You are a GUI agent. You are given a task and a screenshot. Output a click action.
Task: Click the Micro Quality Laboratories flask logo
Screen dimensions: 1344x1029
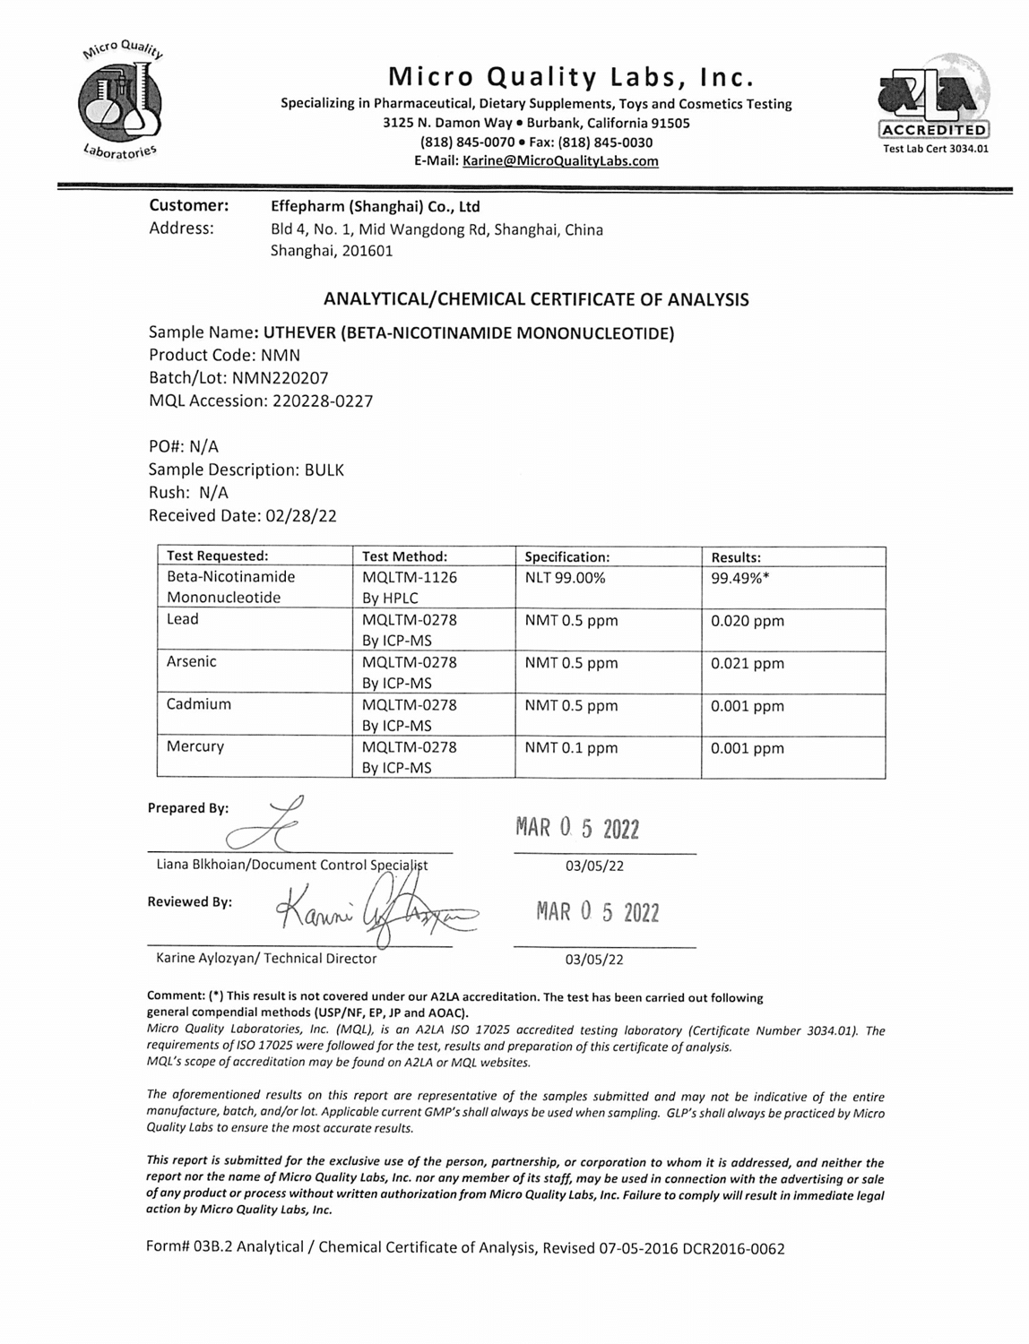pyautogui.click(x=121, y=100)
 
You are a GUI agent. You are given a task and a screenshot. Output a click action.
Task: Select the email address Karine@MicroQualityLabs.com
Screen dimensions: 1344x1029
pyautogui.click(x=560, y=161)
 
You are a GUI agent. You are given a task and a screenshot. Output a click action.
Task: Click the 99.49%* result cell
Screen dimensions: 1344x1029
pyautogui.click(x=740, y=578)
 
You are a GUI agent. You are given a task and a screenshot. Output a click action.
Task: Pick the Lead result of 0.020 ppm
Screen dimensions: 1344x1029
pyautogui.click(x=748, y=621)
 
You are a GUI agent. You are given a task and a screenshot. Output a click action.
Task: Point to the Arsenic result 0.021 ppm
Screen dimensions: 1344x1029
pyautogui.click(x=748, y=664)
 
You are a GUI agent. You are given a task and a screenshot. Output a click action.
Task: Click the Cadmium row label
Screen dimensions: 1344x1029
pyautogui.click(x=199, y=704)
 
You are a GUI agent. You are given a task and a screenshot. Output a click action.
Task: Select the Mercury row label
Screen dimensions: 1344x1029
pyautogui.click(x=195, y=746)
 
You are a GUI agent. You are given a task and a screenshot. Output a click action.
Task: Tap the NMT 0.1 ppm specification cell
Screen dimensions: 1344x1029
pyautogui.click(x=571, y=748)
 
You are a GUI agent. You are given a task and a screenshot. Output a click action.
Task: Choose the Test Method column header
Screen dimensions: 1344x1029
pyautogui.click(x=404, y=556)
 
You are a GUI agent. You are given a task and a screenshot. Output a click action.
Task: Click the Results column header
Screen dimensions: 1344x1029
pyautogui.click(x=736, y=557)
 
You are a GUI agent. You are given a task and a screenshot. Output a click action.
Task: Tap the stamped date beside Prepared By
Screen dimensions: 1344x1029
pyautogui.click(x=577, y=829)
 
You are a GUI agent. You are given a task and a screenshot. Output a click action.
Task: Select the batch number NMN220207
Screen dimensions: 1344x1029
pyautogui.click(x=280, y=378)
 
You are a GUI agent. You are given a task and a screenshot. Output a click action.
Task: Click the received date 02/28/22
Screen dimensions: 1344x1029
pyautogui.click(x=301, y=516)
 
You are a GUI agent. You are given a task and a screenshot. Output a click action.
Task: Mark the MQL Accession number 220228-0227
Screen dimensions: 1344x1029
pyautogui.click(x=320, y=401)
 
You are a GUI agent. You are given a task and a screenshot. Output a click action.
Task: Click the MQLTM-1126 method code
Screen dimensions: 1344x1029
pyautogui.click(x=410, y=578)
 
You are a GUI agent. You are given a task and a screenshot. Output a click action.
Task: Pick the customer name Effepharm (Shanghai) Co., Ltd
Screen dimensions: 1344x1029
pyautogui.click(x=376, y=206)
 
